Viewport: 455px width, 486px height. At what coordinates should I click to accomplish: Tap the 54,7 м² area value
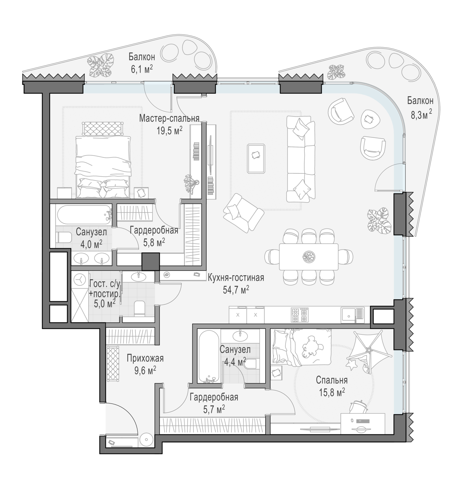(x=236, y=290)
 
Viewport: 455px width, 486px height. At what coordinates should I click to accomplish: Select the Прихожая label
(x=145, y=359)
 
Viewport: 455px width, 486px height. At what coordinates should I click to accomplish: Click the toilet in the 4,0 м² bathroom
(x=63, y=237)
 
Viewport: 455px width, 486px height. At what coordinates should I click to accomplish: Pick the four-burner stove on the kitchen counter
(x=300, y=315)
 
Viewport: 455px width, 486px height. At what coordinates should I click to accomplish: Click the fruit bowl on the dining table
(x=309, y=256)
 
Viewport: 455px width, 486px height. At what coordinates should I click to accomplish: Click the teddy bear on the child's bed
(x=311, y=347)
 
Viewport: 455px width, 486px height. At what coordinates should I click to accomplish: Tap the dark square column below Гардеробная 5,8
(x=151, y=261)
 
